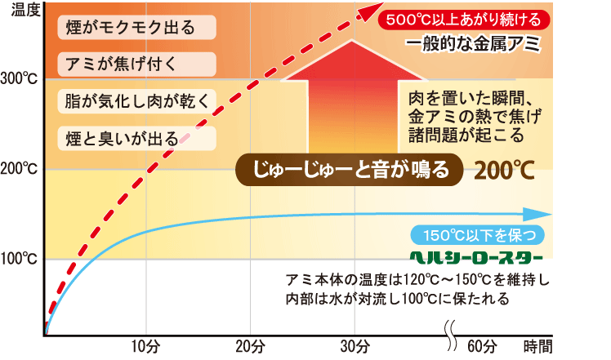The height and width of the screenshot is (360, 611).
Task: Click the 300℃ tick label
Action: (x=19, y=80)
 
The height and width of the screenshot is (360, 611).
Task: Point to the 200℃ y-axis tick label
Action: (x=19, y=170)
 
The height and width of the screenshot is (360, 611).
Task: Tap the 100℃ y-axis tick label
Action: (x=19, y=260)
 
